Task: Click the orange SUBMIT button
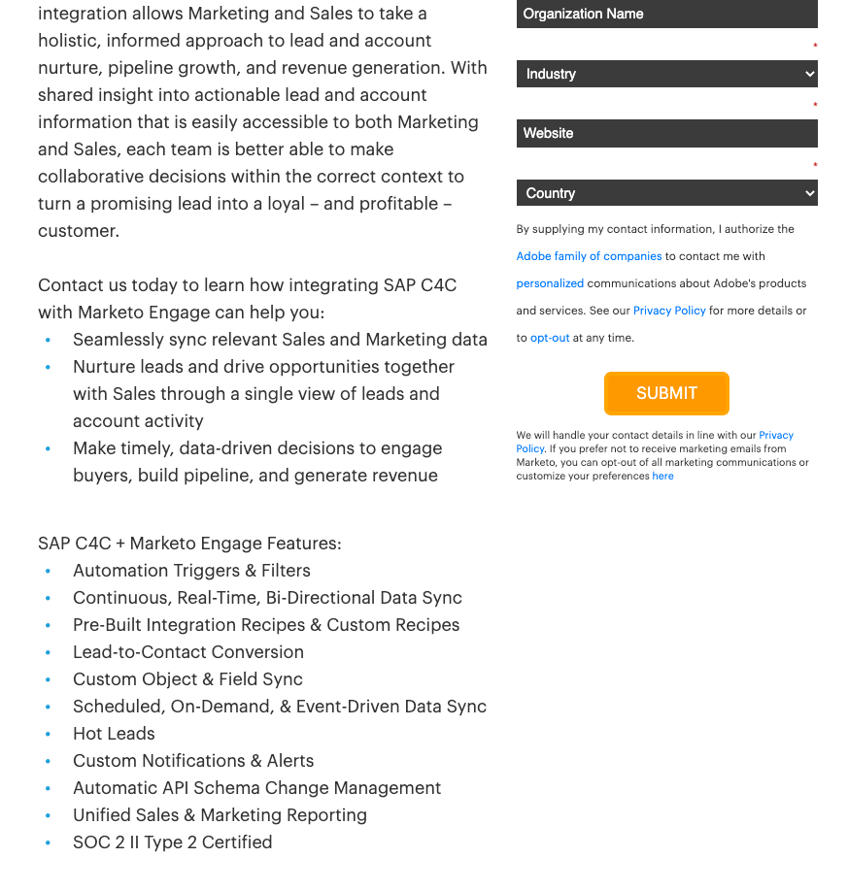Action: [x=666, y=393]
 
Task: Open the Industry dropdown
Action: [x=666, y=74]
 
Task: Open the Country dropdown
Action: [x=666, y=193]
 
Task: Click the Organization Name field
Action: [x=666, y=15]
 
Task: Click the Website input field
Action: [x=666, y=133]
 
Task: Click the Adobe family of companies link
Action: [x=589, y=256]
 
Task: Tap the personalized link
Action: [x=550, y=283]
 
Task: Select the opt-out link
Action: [x=550, y=338]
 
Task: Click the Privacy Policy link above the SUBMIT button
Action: [x=670, y=311]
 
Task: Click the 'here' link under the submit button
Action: [x=662, y=476]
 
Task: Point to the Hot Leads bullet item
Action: [x=114, y=734]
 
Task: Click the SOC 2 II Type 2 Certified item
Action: [x=172, y=842]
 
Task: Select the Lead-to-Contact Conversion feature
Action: [x=188, y=652]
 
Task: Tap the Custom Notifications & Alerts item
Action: [x=193, y=761]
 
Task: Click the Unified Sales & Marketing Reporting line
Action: [x=220, y=815]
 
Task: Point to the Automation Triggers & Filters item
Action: [x=191, y=571]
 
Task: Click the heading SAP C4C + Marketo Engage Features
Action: [x=189, y=544]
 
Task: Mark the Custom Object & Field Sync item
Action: [x=187, y=679]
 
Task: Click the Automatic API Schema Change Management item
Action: [x=256, y=788]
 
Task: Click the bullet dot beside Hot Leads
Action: [x=48, y=735]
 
